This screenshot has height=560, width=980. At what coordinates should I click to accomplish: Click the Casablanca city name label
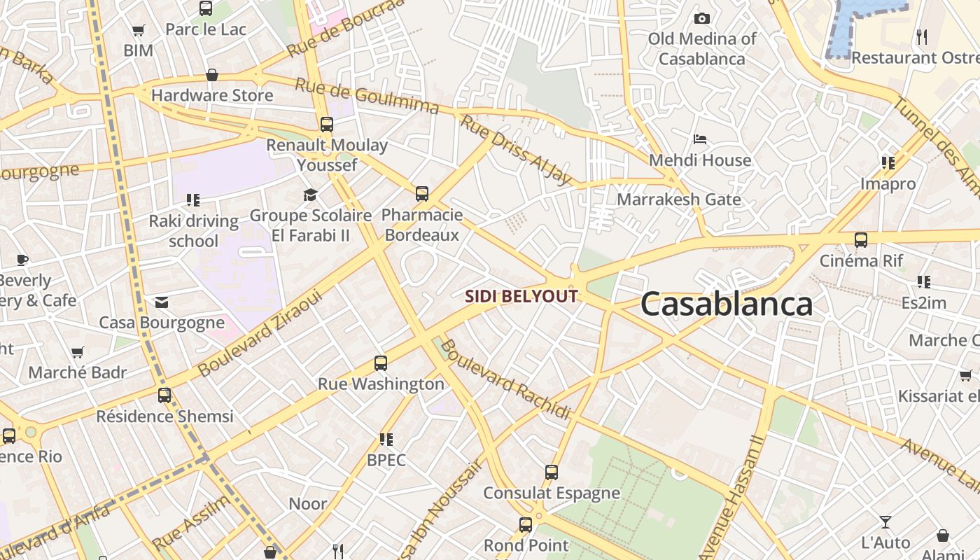tap(726, 304)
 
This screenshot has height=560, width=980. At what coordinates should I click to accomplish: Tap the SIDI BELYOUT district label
tap(521, 297)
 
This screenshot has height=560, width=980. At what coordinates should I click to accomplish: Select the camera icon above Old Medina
tap(701, 18)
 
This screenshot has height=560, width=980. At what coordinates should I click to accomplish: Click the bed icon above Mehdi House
tap(699, 139)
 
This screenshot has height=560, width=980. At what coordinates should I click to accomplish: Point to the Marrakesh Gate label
tap(678, 199)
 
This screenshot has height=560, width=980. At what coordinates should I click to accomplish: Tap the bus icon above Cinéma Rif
tap(861, 240)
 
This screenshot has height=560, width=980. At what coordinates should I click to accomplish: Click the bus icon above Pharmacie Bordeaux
tap(422, 194)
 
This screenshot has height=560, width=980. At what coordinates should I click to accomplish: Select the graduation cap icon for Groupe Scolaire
tap(310, 195)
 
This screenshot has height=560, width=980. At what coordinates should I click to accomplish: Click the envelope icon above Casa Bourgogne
tap(162, 302)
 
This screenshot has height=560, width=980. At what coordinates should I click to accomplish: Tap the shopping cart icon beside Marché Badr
tap(78, 352)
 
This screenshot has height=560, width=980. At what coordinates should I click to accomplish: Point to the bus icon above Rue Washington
tap(381, 363)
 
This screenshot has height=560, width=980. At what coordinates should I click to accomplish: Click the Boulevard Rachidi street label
tap(505, 379)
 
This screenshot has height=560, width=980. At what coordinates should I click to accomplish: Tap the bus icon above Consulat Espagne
tap(552, 472)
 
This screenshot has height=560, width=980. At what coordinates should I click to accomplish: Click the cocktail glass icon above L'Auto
tap(885, 522)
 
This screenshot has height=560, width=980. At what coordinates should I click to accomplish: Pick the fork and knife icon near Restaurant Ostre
tap(922, 36)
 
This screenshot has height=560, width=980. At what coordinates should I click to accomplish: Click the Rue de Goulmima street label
tap(366, 95)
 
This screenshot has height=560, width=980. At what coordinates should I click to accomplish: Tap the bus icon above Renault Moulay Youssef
tap(327, 125)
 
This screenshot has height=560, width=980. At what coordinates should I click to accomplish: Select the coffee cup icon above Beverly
tap(22, 260)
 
